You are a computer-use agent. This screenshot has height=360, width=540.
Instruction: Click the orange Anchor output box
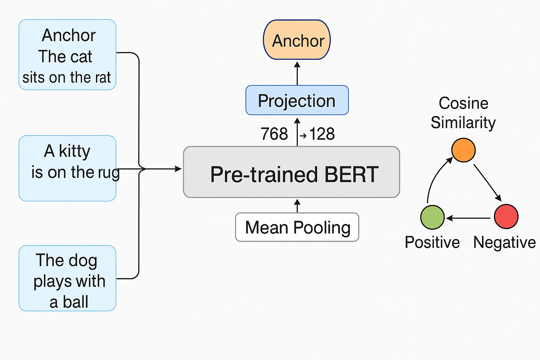[x=297, y=40]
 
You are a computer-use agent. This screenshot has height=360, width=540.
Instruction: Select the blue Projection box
[x=297, y=100]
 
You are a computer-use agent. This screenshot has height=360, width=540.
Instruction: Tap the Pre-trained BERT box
[x=291, y=172]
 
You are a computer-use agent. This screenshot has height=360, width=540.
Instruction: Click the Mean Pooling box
[x=297, y=227]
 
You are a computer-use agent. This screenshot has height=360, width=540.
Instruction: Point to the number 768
[x=274, y=134]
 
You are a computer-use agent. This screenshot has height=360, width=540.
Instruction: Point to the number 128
[x=322, y=134]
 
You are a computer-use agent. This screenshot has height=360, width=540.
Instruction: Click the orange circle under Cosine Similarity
[x=463, y=150]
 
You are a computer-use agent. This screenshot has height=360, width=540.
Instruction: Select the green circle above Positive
[x=432, y=217]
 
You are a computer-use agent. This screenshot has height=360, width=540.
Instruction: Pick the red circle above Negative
[x=506, y=216]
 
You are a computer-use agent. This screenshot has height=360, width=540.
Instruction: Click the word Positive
[x=432, y=243]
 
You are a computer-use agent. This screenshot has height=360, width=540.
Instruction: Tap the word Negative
[x=504, y=243]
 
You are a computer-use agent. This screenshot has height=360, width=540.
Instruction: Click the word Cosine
[x=463, y=103]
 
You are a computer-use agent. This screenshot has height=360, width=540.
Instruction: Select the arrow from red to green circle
[x=469, y=218]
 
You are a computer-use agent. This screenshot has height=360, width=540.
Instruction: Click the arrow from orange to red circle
[x=487, y=182]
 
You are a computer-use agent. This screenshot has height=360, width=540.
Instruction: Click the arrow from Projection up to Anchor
[x=297, y=73]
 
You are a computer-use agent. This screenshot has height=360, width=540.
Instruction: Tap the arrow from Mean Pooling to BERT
[x=297, y=206]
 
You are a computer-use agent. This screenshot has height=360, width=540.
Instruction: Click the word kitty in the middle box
[x=75, y=151]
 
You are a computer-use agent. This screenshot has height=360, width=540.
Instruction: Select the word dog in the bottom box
[x=83, y=261]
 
